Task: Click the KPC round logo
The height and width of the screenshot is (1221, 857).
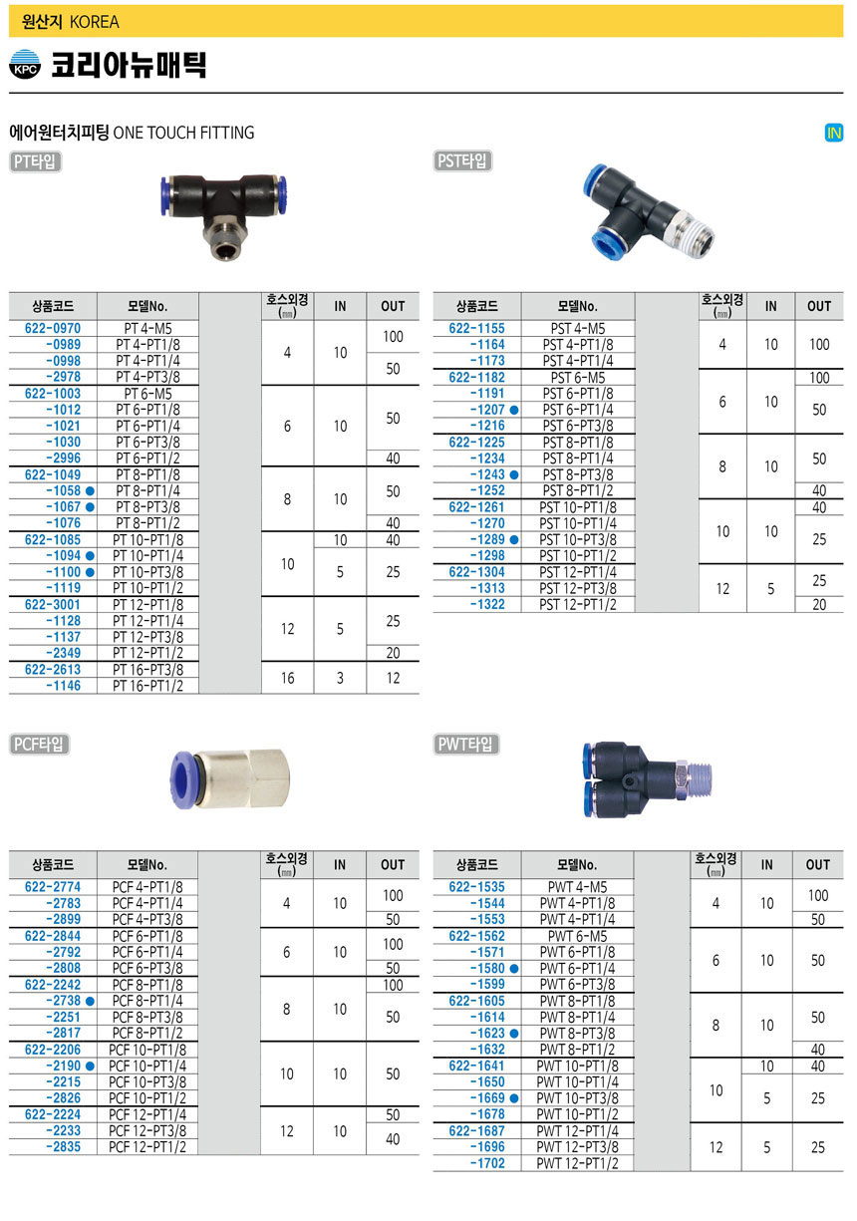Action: coord(25,65)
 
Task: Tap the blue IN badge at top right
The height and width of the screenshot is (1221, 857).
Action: coord(833,133)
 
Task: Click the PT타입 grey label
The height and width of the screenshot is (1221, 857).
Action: coord(35,161)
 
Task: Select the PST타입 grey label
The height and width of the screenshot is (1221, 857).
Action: coord(462,160)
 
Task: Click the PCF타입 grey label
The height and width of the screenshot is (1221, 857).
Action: coord(39,744)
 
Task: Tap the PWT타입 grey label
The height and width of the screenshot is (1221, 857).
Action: coord(465,744)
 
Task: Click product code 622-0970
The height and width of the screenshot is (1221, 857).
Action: coord(52,328)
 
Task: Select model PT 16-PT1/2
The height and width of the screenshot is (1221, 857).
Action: coord(147,686)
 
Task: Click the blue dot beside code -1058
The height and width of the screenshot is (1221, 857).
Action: coord(90,490)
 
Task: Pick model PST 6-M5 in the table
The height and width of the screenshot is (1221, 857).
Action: coord(578,377)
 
